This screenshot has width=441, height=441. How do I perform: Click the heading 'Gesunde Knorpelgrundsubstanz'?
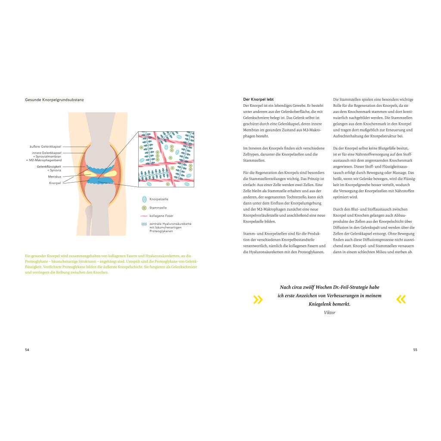coord(54,99)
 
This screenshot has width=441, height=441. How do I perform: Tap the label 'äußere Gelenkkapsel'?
coord(47,147)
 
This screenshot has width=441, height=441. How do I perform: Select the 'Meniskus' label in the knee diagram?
coord(54,177)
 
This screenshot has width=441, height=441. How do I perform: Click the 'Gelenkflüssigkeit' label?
coord(49,166)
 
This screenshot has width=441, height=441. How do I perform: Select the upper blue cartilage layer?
coord(98,168)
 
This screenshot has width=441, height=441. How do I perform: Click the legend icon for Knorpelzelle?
coord(144,199)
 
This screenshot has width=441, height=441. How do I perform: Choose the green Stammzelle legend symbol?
coord(144,208)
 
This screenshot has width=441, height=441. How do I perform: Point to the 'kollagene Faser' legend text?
coord(161,216)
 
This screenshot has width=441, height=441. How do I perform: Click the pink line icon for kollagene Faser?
coord(144,216)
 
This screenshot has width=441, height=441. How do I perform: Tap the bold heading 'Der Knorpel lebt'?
coord(258,99)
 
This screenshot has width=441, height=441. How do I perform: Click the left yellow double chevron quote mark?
coord(258,300)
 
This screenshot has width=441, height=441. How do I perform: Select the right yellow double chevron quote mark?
coord(401,299)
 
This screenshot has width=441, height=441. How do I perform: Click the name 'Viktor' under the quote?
coord(329,313)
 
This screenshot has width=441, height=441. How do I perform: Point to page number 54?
coord(27,350)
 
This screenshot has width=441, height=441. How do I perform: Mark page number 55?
coord(415,350)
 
